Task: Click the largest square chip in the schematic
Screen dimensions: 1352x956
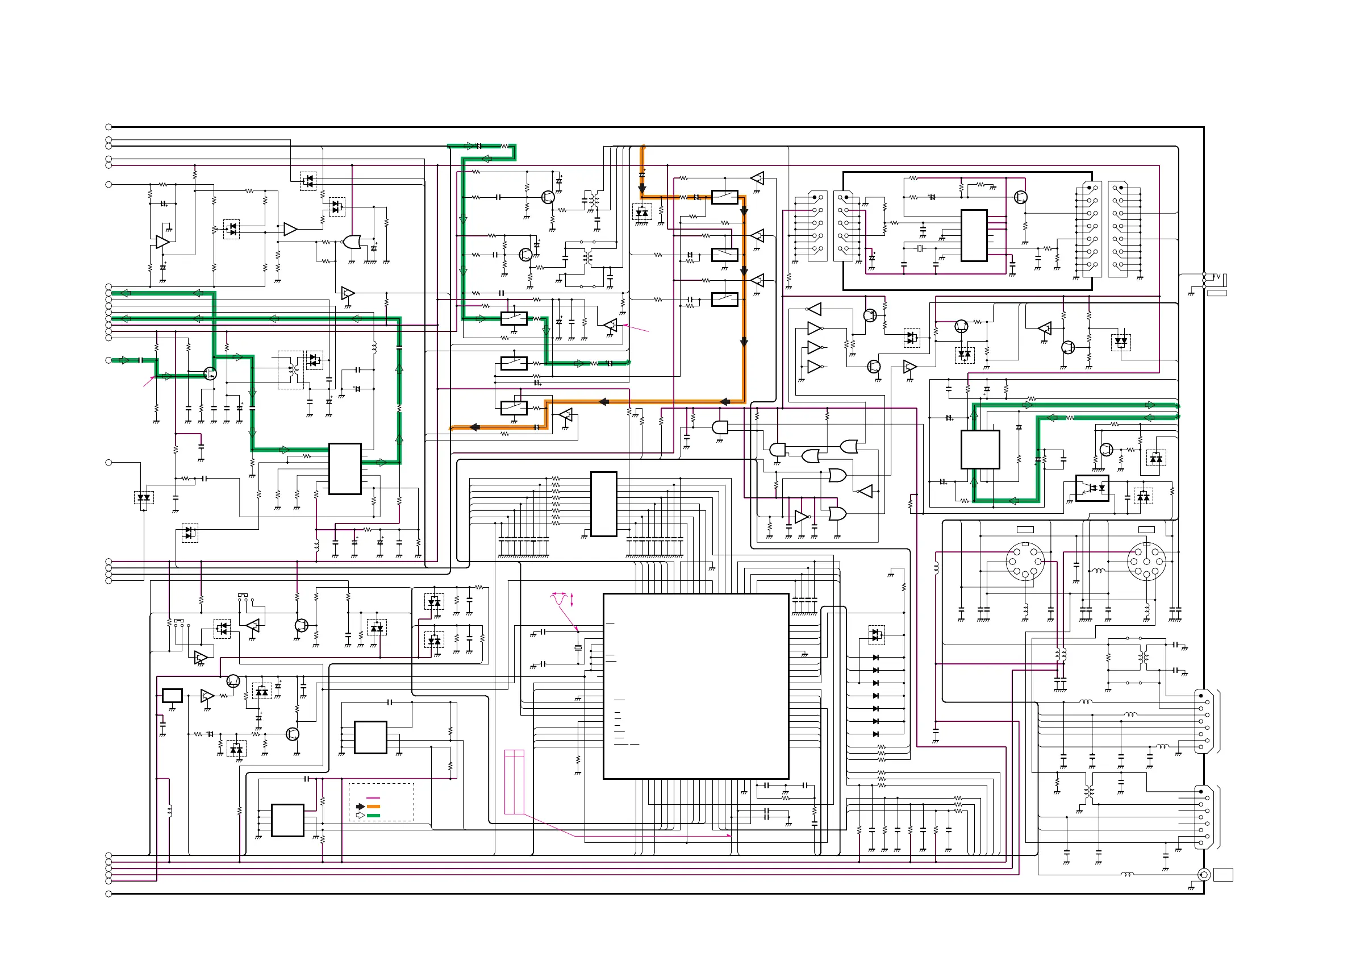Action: [x=695, y=685]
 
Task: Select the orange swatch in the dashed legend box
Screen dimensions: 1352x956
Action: [x=373, y=807]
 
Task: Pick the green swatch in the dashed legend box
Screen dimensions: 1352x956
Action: [x=373, y=816]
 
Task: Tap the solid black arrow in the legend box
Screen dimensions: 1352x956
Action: [x=360, y=807]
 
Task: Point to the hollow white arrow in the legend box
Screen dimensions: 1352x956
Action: [x=360, y=816]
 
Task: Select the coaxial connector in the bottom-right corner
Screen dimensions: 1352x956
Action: [x=1204, y=875]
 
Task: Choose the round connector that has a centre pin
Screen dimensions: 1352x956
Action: [x=1146, y=562]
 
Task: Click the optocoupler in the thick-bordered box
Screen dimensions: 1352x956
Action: [x=1092, y=488]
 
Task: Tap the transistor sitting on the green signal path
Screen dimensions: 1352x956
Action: [x=210, y=373]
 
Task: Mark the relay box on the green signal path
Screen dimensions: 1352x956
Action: [x=514, y=319]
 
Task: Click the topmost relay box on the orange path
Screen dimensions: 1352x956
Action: [x=724, y=197]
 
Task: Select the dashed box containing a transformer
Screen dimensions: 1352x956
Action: [x=290, y=370]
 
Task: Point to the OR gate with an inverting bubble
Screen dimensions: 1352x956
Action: [x=352, y=242]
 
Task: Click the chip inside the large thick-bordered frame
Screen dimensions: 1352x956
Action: [x=974, y=236]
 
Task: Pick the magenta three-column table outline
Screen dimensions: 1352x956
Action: [x=514, y=782]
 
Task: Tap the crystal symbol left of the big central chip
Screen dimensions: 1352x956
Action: [x=578, y=647]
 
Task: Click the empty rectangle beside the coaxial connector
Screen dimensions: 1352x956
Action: [x=1224, y=875]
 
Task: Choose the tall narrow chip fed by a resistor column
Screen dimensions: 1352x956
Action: [x=603, y=504]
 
